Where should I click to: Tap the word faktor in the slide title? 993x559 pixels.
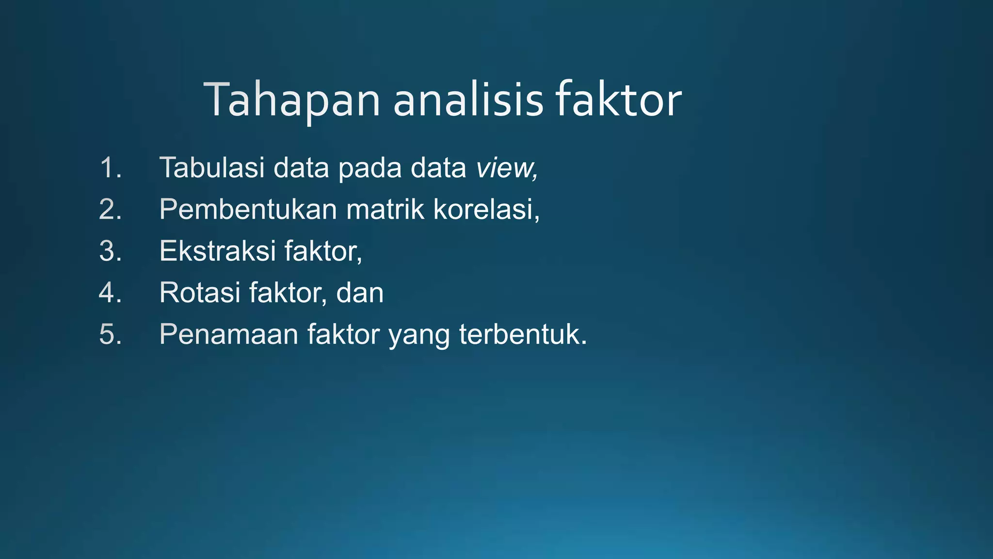pyautogui.click(x=618, y=100)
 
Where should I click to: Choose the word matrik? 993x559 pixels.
pyautogui.click(x=385, y=210)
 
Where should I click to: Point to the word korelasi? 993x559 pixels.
pyautogui.click(x=485, y=210)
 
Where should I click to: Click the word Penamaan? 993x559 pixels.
pyautogui.click(x=228, y=335)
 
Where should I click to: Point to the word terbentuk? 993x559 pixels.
pyautogui.click(x=521, y=335)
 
